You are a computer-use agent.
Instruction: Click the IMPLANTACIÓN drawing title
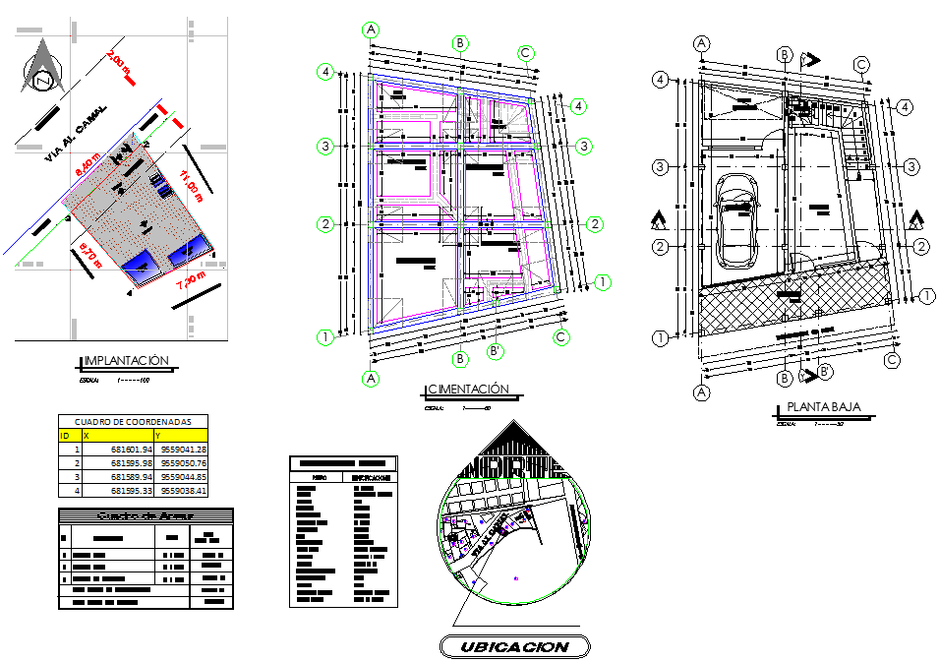pos(128,361)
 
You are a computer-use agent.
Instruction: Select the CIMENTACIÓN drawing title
pos(467,390)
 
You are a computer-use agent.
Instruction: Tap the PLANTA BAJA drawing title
pos(824,407)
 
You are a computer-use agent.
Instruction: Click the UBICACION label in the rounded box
pos(513,646)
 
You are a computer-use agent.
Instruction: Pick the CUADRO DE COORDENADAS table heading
pos(134,421)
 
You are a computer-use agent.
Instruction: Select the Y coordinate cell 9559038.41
pos(184,490)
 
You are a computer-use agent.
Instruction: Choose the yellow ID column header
pos(68,434)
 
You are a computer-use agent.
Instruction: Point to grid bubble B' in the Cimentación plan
pos(498,351)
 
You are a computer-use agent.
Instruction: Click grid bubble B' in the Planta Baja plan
pos(826,371)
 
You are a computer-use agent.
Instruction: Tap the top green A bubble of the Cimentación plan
pos(372,30)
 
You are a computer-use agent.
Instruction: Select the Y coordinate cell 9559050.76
pos(184,462)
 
